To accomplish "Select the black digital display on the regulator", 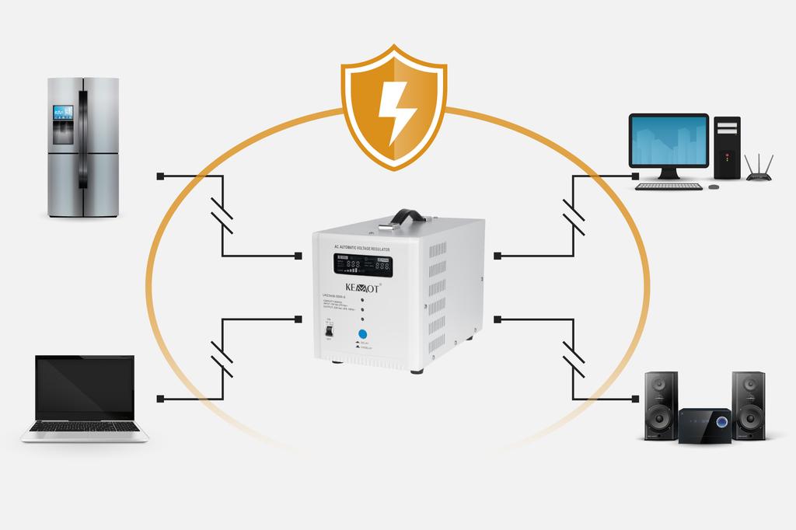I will [363, 264].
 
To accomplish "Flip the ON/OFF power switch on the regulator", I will [330, 330].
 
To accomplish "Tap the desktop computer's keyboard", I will [669, 187].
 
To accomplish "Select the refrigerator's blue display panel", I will [62, 113].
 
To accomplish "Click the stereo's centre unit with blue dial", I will [704, 424].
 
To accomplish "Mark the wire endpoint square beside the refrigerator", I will [159, 176].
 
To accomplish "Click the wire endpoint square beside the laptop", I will [159, 399].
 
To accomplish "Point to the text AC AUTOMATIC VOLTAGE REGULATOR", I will [362, 248].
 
